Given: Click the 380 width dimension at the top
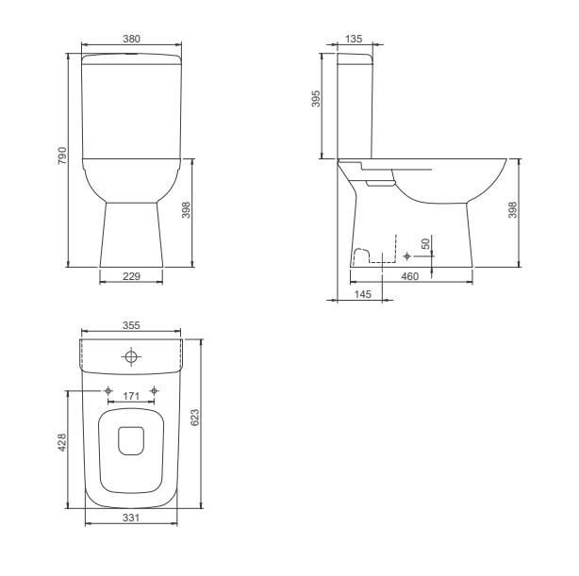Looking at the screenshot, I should [x=131, y=40].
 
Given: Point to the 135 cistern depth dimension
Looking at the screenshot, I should [x=355, y=40].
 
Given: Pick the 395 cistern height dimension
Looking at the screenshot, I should [x=317, y=100].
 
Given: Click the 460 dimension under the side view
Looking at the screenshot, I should [x=409, y=275].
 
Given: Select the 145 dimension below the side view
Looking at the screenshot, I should [x=363, y=294].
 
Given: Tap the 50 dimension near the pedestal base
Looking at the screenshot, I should [x=426, y=244].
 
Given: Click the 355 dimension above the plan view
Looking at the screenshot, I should [x=131, y=325].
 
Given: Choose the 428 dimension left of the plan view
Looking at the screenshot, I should [x=61, y=442].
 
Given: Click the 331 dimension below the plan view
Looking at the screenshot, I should [x=131, y=518].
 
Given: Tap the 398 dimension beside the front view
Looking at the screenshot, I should [x=186, y=211].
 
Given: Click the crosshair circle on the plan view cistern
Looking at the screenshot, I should [x=131, y=356].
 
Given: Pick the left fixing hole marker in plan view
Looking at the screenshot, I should [x=108, y=391].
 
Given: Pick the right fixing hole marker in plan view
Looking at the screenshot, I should [x=155, y=391].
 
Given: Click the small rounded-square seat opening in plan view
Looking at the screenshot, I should [x=131, y=439].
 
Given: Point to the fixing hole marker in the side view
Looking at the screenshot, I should [x=406, y=255].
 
